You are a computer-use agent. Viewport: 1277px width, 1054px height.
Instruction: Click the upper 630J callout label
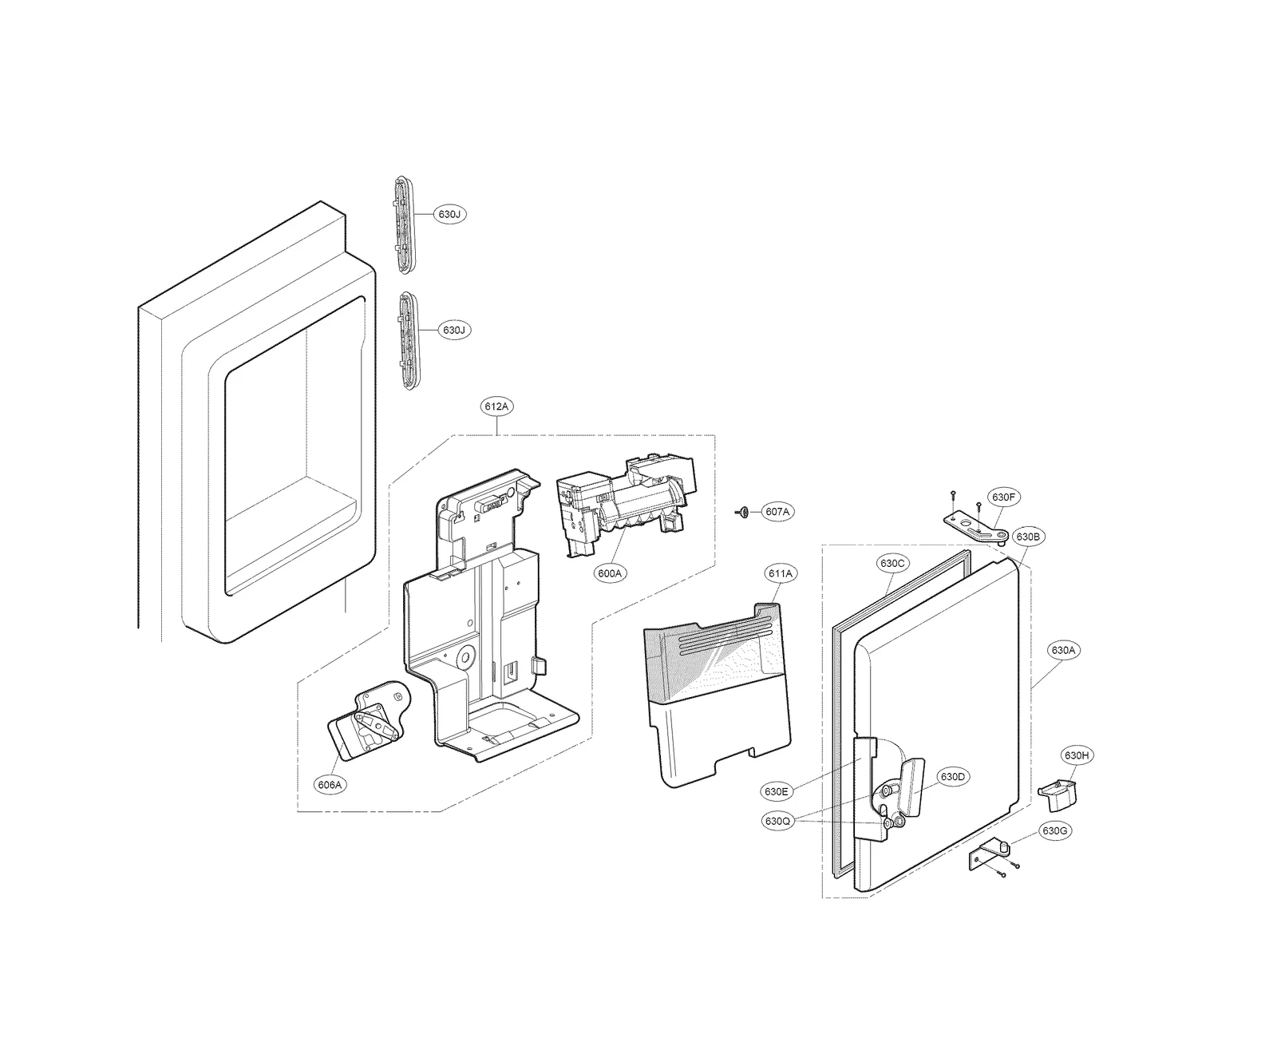(x=449, y=215)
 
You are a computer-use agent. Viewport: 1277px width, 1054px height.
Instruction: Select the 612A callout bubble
(x=496, y=406)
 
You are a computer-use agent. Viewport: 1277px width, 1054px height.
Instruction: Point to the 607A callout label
(x=777, y=512)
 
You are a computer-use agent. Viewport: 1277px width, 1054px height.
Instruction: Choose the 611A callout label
(x=780, y=573)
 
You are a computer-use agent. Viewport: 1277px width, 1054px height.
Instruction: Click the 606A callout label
(x=330, y=785)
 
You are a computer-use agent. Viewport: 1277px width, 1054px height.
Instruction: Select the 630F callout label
(x=1003, y=497)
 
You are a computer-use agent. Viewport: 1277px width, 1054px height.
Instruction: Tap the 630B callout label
(x=1027, y=537)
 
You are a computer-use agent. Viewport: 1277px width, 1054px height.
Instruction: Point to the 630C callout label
(x=892, y=563)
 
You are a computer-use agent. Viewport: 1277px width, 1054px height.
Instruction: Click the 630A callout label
(x=1063, y=651)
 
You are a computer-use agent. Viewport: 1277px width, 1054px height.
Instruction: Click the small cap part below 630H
(x=1055, y=794)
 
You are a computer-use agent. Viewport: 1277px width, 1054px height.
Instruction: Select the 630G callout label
(x=1054, y=831)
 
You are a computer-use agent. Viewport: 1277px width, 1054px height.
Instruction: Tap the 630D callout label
(x=952, y=777)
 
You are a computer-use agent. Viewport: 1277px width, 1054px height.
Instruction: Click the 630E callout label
(x=776, y=792)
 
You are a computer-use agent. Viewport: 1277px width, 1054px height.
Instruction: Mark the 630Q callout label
(x=776, y=821)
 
